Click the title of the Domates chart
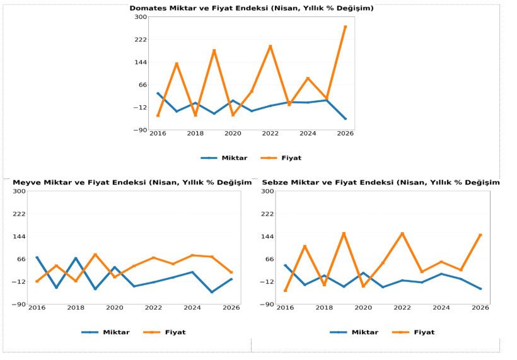click(251, 8)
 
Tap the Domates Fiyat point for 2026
click(346, 26)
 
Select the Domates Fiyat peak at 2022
click(270, 47)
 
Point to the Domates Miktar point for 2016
click(158, 93)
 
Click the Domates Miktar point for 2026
click(346, 119)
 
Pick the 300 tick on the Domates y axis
click(141, 17)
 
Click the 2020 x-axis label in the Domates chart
click(233, 134)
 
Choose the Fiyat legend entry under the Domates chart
click(281, 158)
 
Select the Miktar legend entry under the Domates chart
click(224, 158)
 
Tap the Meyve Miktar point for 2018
click(76, 258)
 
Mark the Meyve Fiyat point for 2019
click(95, 255)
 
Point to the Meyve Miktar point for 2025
click(212, 292)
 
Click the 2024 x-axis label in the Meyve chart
click(192, 308)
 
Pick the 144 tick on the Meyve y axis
click(19, 236)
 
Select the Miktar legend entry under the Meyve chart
click(105, 332)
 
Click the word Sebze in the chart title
click(274, 183)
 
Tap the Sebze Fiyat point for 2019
click(344, 234)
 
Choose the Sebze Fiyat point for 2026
click(480, 235)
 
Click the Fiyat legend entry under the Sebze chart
click(414, 332)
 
